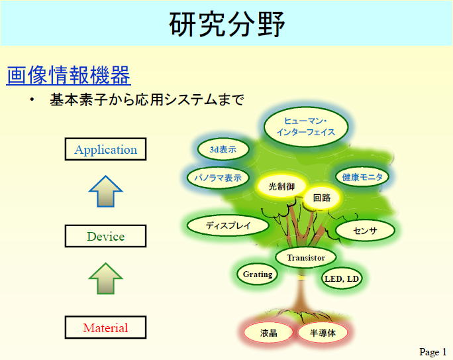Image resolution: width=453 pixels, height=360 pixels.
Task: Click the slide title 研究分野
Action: click(227, 25)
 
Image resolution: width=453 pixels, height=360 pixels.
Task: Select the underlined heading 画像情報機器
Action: click(68, 75)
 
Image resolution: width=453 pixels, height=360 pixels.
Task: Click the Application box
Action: click(105, 149)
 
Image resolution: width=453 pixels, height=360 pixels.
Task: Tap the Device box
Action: click(105, 236)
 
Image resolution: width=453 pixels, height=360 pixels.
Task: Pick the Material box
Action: click(105, 328)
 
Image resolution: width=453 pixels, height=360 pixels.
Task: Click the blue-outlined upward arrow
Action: click(106, 192)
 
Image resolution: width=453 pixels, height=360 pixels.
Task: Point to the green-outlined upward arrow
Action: click(106, 278)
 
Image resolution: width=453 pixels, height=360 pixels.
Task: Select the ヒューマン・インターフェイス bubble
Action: click(306, 127)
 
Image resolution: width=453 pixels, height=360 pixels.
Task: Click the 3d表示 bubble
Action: click(223, 149)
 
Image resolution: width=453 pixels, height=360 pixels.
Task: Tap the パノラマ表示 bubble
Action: click(218, 178)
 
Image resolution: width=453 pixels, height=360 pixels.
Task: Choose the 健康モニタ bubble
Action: click(362, 176)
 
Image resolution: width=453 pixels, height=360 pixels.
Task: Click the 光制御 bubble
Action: click(281, 186)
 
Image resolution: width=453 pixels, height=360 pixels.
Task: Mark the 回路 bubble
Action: click(322, 198)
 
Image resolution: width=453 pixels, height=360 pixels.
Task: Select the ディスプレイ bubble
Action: click(228, 225)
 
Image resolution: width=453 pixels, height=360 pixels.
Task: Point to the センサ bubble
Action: click(365, 231)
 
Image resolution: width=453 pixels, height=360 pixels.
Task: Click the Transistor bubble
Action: click(306, 257)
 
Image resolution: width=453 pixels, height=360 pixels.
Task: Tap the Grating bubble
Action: click(258, 274)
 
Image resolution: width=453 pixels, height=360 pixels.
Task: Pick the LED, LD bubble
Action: click(342, 278)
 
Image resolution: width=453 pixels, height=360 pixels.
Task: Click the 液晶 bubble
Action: click(268, 333)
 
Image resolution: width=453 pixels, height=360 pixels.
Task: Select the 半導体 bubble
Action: click(323, 333)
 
